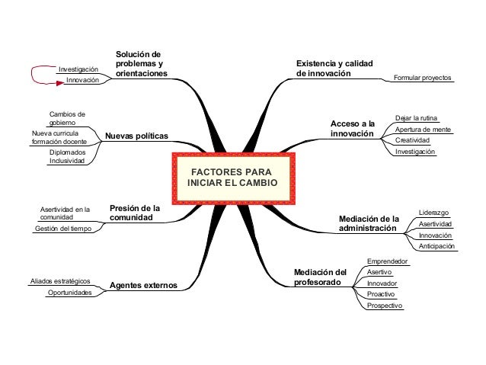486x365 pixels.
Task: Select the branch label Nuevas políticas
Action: click(136, 136)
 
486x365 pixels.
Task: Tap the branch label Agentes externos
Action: click(143, 285)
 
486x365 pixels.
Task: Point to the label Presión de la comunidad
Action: click(135, 212)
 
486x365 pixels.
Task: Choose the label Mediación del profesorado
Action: click(320, 277)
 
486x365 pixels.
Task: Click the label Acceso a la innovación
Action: click(353, 128)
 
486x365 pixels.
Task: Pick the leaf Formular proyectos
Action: click(422, 78)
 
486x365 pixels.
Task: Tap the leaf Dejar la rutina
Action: click(417, 118)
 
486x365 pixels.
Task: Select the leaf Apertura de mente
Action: click(424, 130)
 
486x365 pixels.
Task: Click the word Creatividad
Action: click(413, 141)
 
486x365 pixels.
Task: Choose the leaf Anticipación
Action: click(437, 246)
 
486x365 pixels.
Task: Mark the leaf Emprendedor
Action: click(387, 261)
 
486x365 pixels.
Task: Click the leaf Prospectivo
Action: click(385, 306)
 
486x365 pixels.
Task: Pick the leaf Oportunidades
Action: click(70, 293)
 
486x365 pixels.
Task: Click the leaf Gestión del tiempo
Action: click(64, 228)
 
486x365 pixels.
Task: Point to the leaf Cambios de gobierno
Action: click(67, 118)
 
